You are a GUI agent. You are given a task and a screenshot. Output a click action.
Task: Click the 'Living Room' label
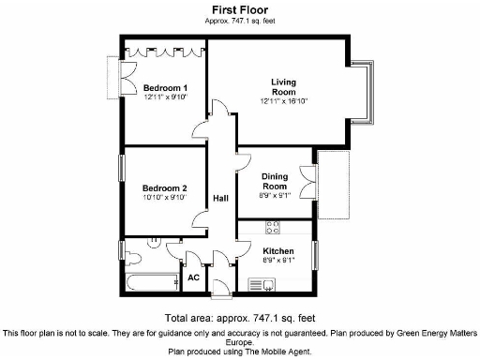[x=283, y=87]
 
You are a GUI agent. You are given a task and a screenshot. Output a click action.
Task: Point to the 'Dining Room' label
[x=274, y=181]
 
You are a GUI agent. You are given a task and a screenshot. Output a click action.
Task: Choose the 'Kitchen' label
[x=278, y=251]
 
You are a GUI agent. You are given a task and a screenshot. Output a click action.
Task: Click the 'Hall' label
[x=221, y=199]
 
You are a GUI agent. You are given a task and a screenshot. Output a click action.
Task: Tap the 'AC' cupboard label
[x=195, y=278]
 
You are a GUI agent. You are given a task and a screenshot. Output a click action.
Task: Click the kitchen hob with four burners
[x=273, y=226]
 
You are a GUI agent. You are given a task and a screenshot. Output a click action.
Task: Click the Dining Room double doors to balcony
[x=308, y=180]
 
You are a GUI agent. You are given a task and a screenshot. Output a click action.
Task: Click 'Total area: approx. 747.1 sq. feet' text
[x=239, y=317]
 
